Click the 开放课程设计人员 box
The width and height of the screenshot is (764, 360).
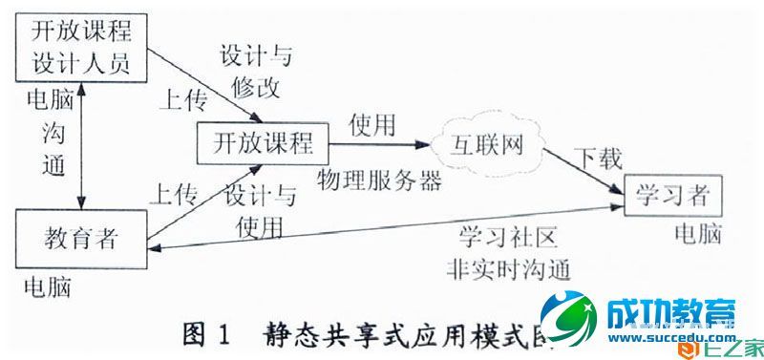81,48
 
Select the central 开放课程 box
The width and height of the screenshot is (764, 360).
261,144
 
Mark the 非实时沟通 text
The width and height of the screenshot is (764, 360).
507,266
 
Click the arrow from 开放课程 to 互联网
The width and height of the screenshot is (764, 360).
377,145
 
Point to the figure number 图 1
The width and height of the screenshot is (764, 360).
207,335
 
